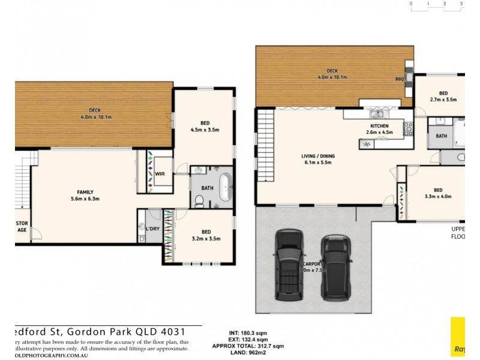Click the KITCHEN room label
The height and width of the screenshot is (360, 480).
[x=379, y=126]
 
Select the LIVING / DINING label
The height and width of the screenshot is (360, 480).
[x=318, y=156]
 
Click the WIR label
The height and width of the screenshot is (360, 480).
[x=160, y=174]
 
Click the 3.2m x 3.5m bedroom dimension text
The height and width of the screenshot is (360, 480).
[x=206, y=239]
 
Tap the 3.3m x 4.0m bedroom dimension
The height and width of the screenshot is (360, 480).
[x=437, y=196]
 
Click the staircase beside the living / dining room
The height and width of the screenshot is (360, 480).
[x=264, y=144]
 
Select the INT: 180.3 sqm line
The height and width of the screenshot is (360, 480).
[x=247, y=332]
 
